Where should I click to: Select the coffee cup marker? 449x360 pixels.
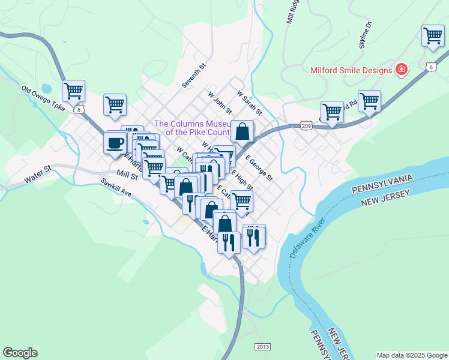pos(115,143)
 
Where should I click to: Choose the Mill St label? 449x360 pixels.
pos(127,175)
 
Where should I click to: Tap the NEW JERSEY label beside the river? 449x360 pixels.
pos(385,199)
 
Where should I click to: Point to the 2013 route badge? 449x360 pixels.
pos(262,347)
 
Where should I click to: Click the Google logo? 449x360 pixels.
pos(20,353)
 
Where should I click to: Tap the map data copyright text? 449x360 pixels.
pos(412,355)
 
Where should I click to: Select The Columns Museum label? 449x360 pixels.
pos(192,128)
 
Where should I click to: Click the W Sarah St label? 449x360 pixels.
pos(250,103)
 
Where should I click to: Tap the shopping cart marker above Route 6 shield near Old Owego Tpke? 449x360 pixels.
pos(73,92)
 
